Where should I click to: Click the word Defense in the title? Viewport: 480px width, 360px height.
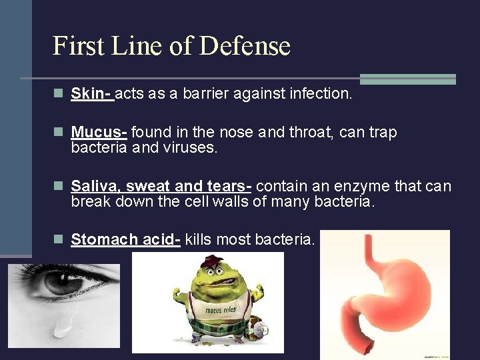[x=245, y=46]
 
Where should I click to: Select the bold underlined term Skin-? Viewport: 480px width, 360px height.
[x=92, y=93]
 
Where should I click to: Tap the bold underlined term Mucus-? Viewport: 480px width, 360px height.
[x=99, y=132]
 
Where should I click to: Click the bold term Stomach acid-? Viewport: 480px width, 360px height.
[x=125, y=239]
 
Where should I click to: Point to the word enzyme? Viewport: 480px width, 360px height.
[x=367, y=186]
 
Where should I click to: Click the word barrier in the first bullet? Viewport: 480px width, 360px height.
[x=202, y=93]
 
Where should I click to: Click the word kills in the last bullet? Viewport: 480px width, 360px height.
[x=199, y=239]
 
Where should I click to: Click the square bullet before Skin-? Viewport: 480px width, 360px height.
[x=58, y=94]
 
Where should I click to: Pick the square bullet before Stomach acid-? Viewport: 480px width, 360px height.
[x=58, y=240]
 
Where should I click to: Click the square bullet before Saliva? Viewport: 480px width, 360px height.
[x=58, y=187]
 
